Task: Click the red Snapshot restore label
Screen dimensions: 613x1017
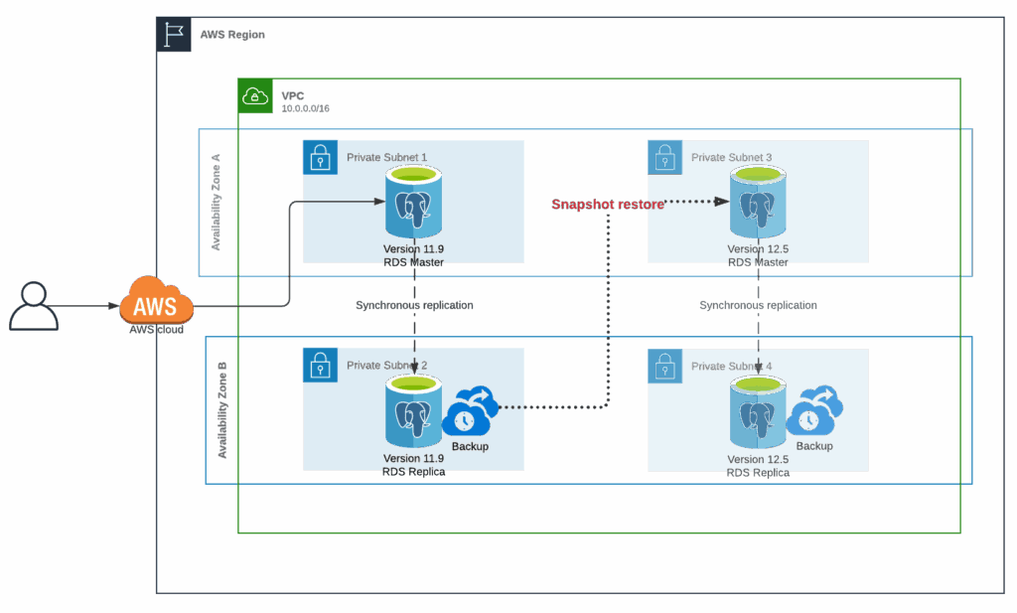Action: pyautogui.click(x=607, y=204)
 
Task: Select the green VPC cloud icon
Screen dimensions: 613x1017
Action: pyautogui.click(x=256, y=95)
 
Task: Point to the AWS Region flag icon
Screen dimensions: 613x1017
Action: pyautogui.click(x=174, y=35)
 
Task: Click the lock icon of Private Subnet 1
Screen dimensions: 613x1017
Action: pyautogui.click(x=320, y=157)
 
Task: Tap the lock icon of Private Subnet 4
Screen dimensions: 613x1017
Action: pyautogui.click(x=664, y=367)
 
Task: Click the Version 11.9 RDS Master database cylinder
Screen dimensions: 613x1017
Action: pyautogui.click(x=413, y=205)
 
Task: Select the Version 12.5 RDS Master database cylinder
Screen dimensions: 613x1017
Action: pyautogui.click(x=759, y=205)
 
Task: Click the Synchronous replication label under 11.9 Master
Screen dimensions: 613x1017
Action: pyautogui.click(x=414, y=305)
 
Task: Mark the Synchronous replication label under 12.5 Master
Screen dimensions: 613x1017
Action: pyautogui.click(x=759, y=305)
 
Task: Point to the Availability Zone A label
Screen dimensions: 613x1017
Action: pyautogui.click(x=218, y=203)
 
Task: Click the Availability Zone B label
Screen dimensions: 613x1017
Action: pyautogui.click(x=222, y=409)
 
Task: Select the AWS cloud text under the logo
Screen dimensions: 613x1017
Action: pyautogui.click(x=156, y=329)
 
